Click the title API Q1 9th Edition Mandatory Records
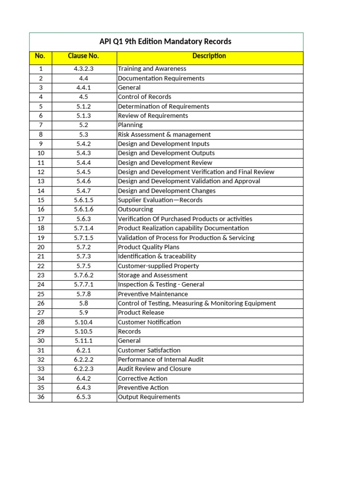click(x=166, y=42)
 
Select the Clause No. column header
click(x=83, y=56)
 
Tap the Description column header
click(x=209, y=56)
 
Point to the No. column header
click(x=40, y=56)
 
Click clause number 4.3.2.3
click(x=84, y=69)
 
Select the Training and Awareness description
click(x=152, y=69)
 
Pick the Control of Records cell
click(x=144, y=97)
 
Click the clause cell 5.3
click(x=84, y=135)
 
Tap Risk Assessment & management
click(x=164, y=135)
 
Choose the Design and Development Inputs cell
click(x=164, y=144)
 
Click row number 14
click(x=40, y=191)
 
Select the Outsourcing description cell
click(x=135, y=210)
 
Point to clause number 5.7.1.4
click(x=84, y=228)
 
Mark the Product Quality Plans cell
click(x=149, y=247)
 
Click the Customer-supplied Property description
click(x=158, y=266)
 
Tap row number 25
click(x=40, y=294)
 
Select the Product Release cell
click(x=141, y=313)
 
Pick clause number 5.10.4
click(x=84, y=322)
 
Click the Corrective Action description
click(x=143, y=378)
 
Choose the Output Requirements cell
click(x=149, y=397)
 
